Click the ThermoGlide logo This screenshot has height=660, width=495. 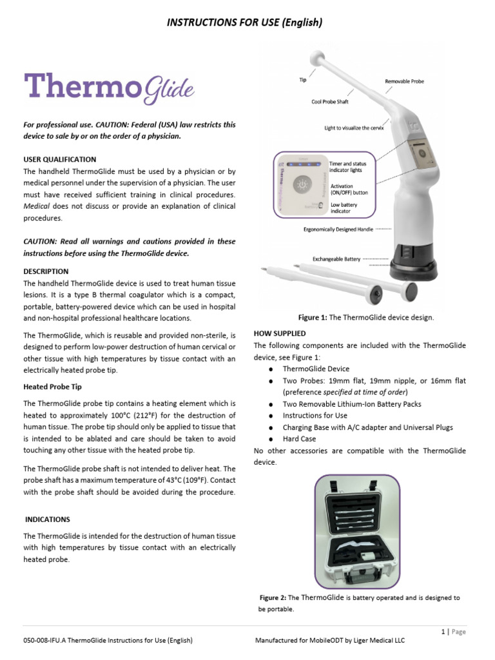109,89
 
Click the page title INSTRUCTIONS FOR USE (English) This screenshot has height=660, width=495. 244,23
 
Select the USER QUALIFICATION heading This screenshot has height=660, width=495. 60,159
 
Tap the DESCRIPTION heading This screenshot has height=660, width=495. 46,271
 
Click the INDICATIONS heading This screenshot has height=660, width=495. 48,519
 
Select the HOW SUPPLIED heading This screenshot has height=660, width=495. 280,333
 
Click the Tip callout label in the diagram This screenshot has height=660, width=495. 302,81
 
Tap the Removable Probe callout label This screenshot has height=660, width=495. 404,82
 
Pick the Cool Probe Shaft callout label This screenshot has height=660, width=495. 329,102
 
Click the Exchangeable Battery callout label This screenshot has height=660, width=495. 336,258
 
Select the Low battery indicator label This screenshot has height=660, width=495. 343,208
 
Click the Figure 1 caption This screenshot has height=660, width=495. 365,317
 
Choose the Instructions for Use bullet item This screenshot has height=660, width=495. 315,416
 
